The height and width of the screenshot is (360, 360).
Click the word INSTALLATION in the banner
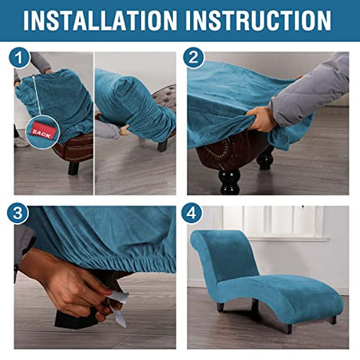click(100, 20)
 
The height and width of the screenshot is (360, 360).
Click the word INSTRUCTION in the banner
click(258, 20)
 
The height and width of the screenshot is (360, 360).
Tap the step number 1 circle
click(20, 58)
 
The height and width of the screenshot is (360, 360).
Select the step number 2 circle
click(193, 58)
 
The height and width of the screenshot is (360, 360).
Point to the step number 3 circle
click(18, 213)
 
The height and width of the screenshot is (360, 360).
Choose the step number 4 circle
click(192, 213)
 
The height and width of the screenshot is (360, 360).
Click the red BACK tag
click(41, 132)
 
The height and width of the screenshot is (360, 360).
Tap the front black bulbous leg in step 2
click(229, 182)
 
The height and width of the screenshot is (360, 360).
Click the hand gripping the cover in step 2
click(260, 120)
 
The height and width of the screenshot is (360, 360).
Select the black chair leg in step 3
click(78, 317)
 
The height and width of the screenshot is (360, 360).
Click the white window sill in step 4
click(288, 239)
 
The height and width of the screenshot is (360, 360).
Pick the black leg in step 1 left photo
click(73, 167)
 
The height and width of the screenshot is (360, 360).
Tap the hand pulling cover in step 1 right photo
click(124, 130)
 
